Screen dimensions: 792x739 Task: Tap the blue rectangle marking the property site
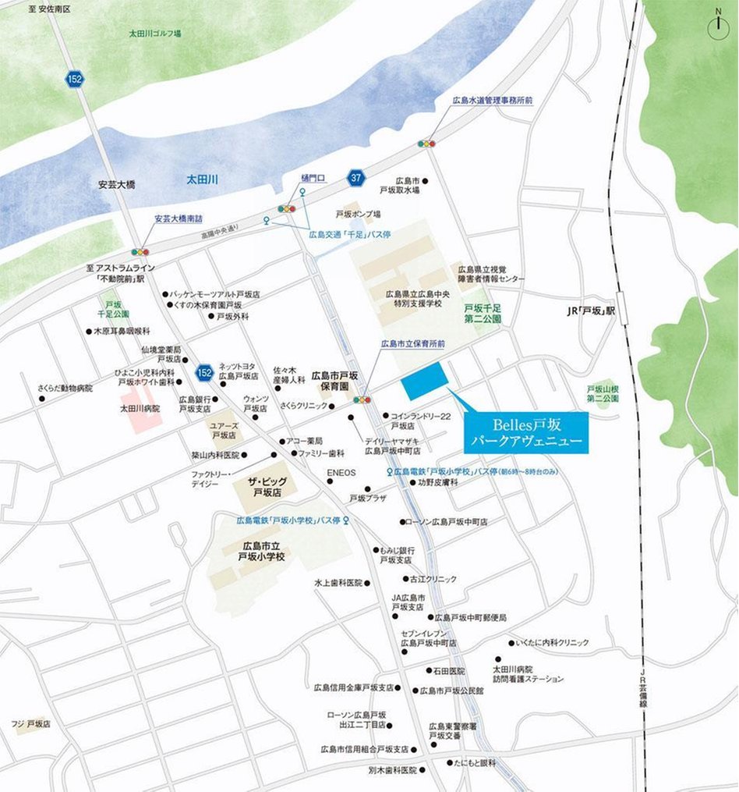pyautogui.click(x=424, y=380)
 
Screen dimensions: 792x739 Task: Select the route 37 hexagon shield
pyautogui.click(x=356, y=179)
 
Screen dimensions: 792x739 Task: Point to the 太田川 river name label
pyautogui.click(x=201, y=179)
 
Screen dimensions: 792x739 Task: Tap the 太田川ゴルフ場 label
pyautogui.click(x=155, y=34)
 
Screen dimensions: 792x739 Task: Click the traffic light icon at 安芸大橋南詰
pyautogui.click(x=140, y=251)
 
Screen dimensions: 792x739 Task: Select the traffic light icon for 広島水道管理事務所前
pyautogui.click(x=426, y=144)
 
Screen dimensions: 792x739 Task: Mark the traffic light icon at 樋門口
pyautogui.click(x=288, y=208)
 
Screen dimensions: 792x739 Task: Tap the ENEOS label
pyautogui.click(x=341, y=472)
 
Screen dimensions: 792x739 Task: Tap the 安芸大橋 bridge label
pyautogui.click(x=117, y=185)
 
